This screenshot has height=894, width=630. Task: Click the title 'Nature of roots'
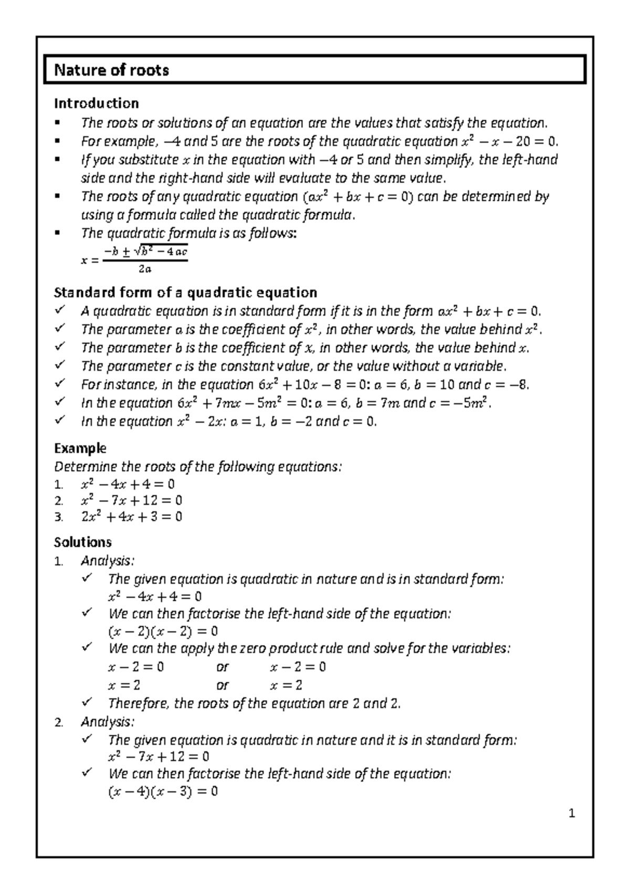tap(111, 70)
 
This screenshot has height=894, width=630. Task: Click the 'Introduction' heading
tap(97, 103)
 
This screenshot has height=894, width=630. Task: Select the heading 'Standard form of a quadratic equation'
tap(186, 293)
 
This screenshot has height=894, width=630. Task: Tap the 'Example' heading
tap(80, 448)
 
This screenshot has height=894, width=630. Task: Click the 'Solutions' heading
tap(83, 542)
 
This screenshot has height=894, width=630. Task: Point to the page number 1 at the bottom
tap(572, 814)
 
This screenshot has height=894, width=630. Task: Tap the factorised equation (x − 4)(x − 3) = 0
tap(163, 792)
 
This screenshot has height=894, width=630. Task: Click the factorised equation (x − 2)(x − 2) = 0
tap(163, 631)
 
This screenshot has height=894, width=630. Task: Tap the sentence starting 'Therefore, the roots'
tap(254, 703)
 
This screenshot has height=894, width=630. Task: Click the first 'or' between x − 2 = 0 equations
tap(223, 667)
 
